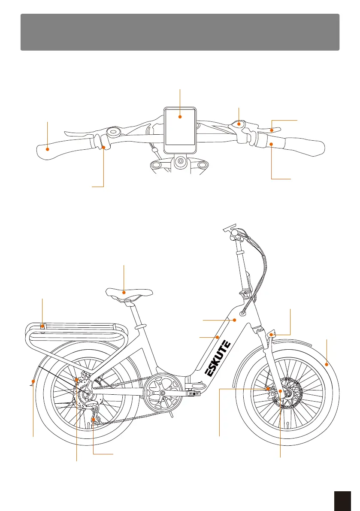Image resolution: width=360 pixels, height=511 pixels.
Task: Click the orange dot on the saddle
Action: pos(124,293)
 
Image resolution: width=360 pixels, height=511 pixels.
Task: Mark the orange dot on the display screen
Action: pos(180,116)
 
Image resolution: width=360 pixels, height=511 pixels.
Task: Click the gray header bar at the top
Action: pos(180,32)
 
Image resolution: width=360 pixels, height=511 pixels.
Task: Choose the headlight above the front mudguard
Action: pos(272,334)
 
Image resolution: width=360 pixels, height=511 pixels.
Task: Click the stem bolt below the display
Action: pos(180,162)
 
